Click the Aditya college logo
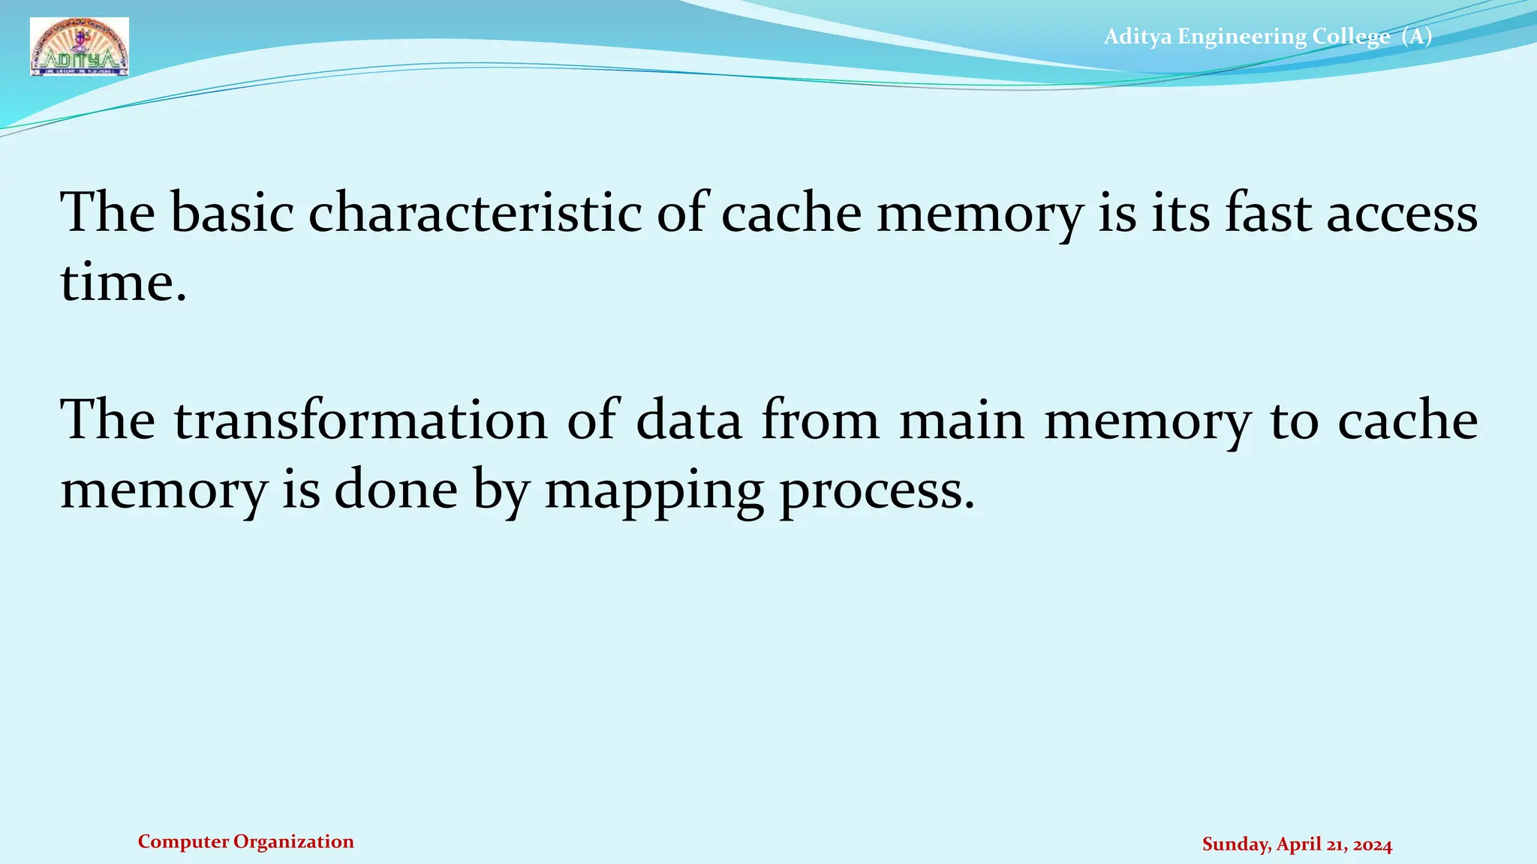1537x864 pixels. point(80,47)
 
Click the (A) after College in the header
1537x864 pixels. point(1417,36)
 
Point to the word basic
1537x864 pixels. point(232,214)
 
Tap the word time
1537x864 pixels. point(122,283)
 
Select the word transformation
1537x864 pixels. point(361,420)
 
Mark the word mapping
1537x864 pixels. point(654,492)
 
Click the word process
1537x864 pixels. point(877,492)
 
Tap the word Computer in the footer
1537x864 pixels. point(183,842)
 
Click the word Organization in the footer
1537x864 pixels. point(293,842)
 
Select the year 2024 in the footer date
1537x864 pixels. point(1373,845)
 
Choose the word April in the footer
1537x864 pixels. point(1298,845)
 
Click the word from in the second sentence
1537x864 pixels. point(820,420)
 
